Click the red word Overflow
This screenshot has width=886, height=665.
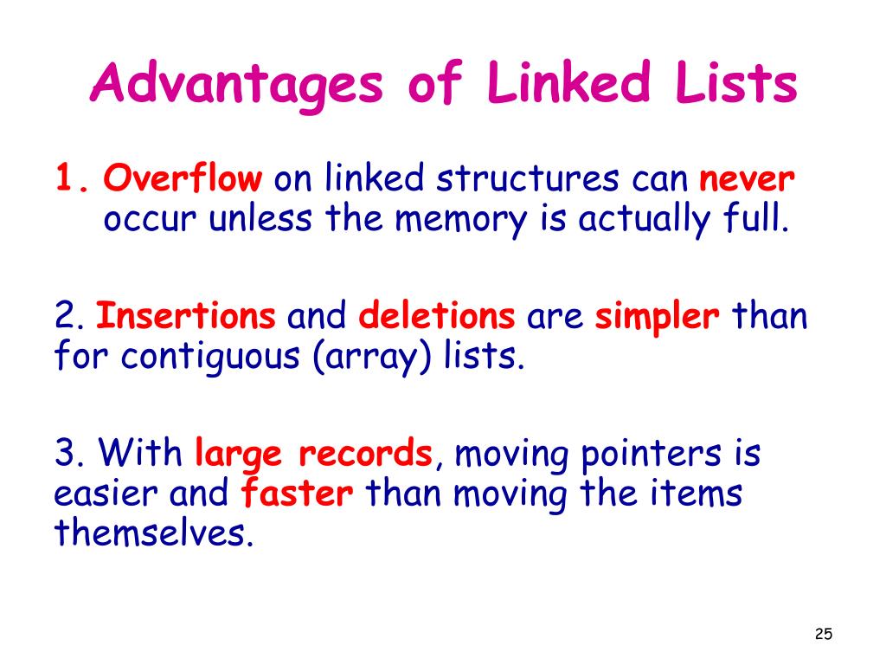point(183,179)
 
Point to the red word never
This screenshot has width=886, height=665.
point(747,179)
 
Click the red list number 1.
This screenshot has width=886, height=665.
point(69,179)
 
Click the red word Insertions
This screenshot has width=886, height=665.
point(186,316)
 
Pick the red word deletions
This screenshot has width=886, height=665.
point(437,316)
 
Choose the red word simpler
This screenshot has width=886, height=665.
point(658,316)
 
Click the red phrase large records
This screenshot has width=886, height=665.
point(314,452)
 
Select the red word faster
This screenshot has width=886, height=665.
point(297,494)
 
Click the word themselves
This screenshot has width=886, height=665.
point(154,534)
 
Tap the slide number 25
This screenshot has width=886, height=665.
point(823,635)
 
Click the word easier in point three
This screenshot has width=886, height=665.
point(106,494)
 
